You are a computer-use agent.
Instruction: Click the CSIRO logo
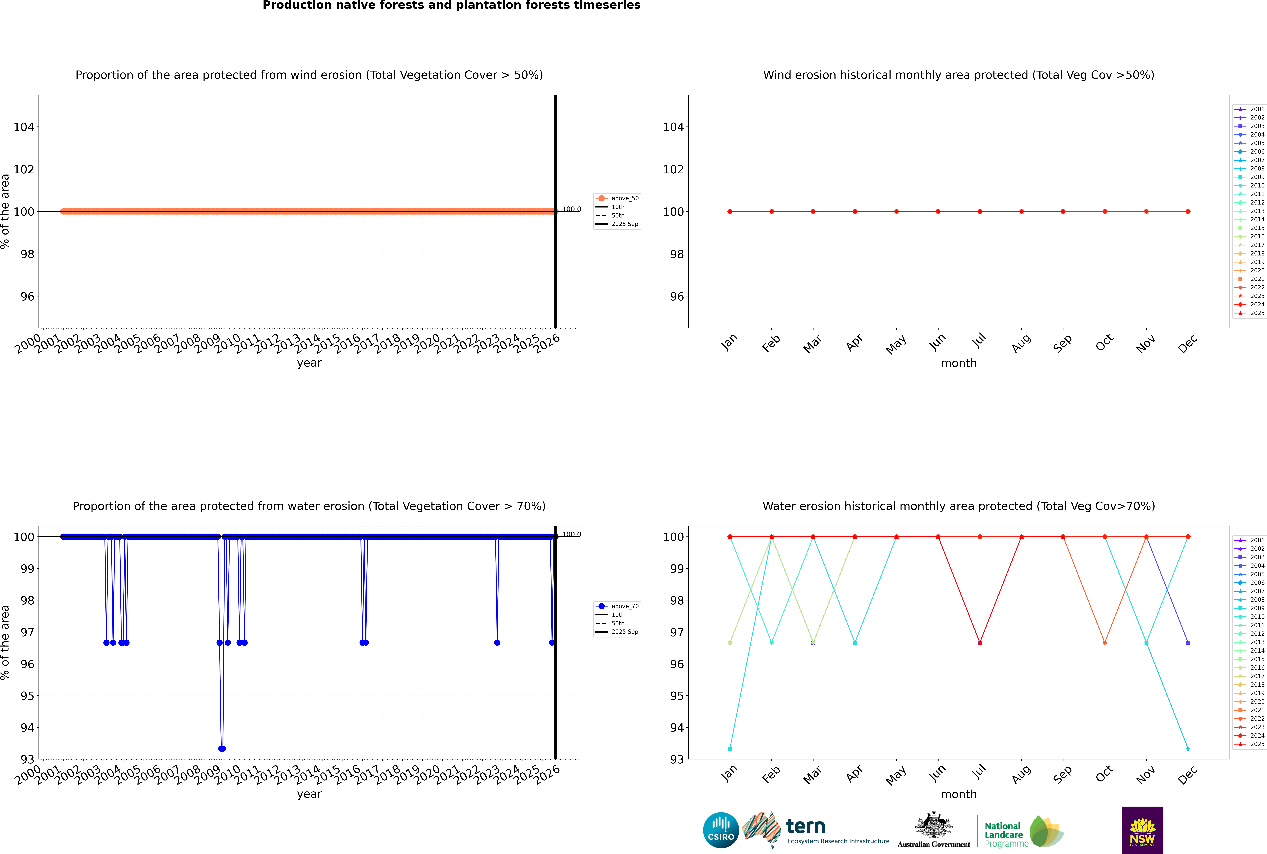[721, 830]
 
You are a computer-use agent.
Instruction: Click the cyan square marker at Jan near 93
[730, 748]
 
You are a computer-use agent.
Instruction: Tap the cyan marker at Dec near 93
[1188, 748]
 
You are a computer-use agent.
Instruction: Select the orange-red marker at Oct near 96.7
[1105, 643]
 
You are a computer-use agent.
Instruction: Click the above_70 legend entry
[617, 606]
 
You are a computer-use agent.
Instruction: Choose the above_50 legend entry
[617, 198]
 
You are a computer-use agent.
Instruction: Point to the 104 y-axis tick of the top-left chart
[23, 127]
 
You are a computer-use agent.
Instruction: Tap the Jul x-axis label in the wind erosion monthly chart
[979, 341]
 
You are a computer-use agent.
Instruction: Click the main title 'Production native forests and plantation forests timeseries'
[452, 5]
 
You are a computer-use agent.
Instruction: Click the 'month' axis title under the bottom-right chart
[959, 794]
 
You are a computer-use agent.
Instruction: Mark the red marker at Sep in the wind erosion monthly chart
[1063, 211]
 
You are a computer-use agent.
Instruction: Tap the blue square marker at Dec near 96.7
[1188, 643]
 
